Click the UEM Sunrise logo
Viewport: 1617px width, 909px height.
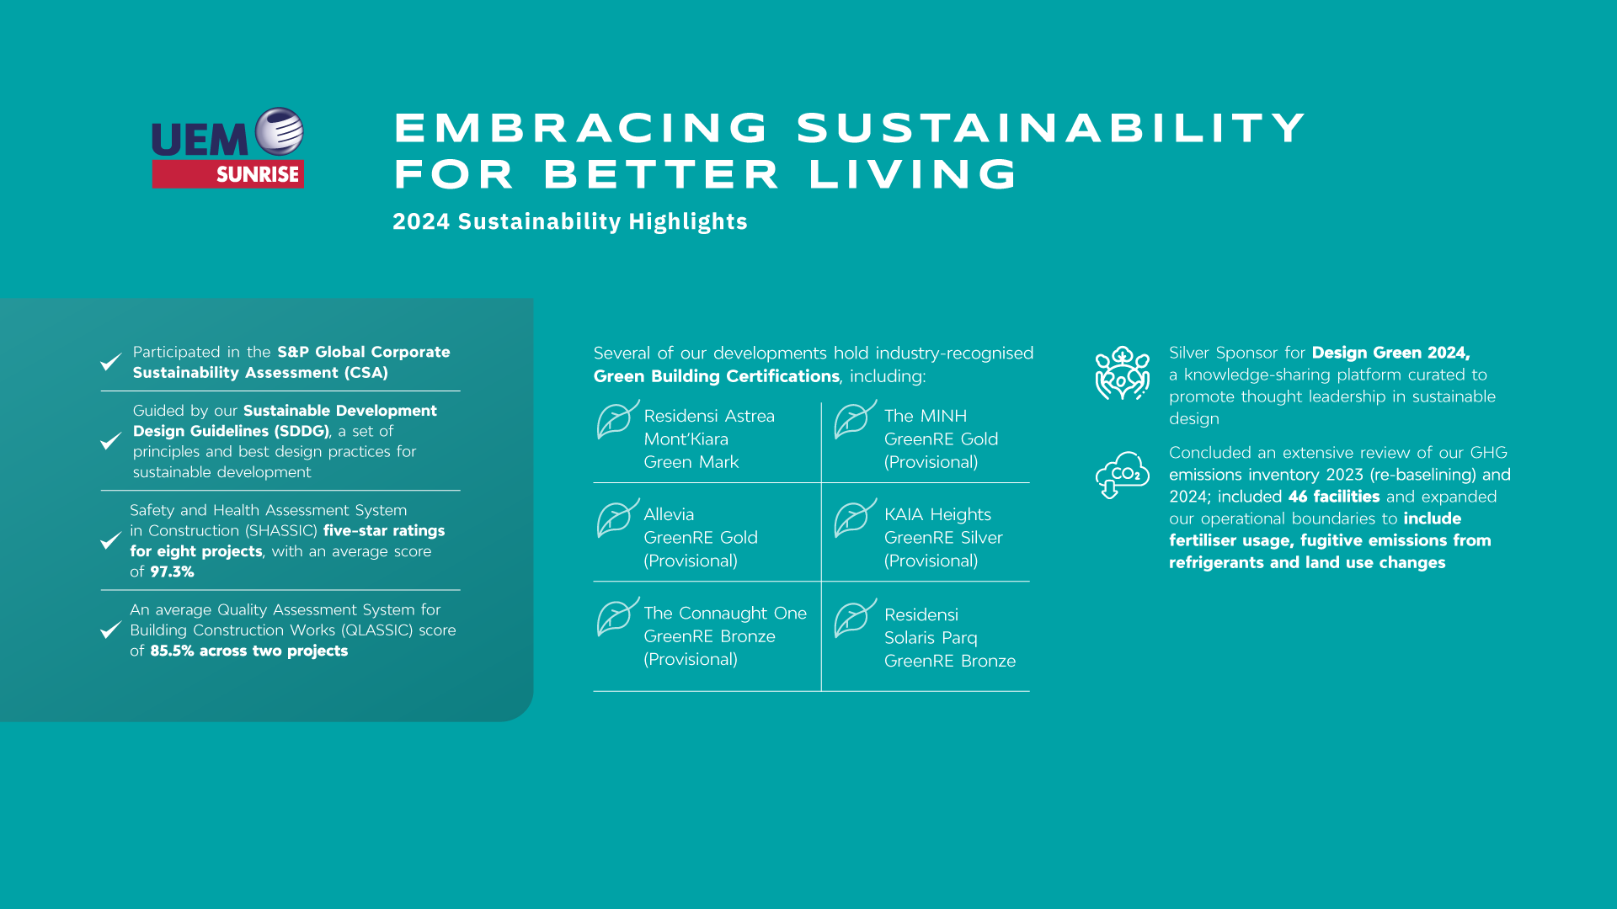(227, 147)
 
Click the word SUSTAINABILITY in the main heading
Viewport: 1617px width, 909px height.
(1052, 128)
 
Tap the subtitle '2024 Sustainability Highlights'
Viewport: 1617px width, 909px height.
(570, 221)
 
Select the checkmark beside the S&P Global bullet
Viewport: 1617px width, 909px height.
(110, 362)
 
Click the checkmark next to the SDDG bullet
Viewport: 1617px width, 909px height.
(110, 441)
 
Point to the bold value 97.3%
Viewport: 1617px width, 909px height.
(173, 571)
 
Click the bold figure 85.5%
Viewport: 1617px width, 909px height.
(172, 651)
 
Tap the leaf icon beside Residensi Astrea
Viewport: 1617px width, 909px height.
(617, 419)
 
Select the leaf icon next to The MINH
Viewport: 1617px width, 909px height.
(855, 419)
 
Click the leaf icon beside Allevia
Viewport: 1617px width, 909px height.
(617, 518)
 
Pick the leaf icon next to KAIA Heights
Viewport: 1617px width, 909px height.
(855, 518)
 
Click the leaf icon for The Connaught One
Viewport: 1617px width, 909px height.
(617, 617)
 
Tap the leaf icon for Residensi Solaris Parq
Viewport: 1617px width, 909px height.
(855, 618)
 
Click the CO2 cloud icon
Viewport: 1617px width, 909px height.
(1122, 475)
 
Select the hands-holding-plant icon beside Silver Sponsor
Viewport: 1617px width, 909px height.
(1122, 373)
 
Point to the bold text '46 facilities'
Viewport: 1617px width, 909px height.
(1334, 497)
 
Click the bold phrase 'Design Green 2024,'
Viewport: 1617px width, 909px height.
(1391, 353)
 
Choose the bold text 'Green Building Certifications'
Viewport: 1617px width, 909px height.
(717, 376)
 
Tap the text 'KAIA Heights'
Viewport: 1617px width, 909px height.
(937, 514)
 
